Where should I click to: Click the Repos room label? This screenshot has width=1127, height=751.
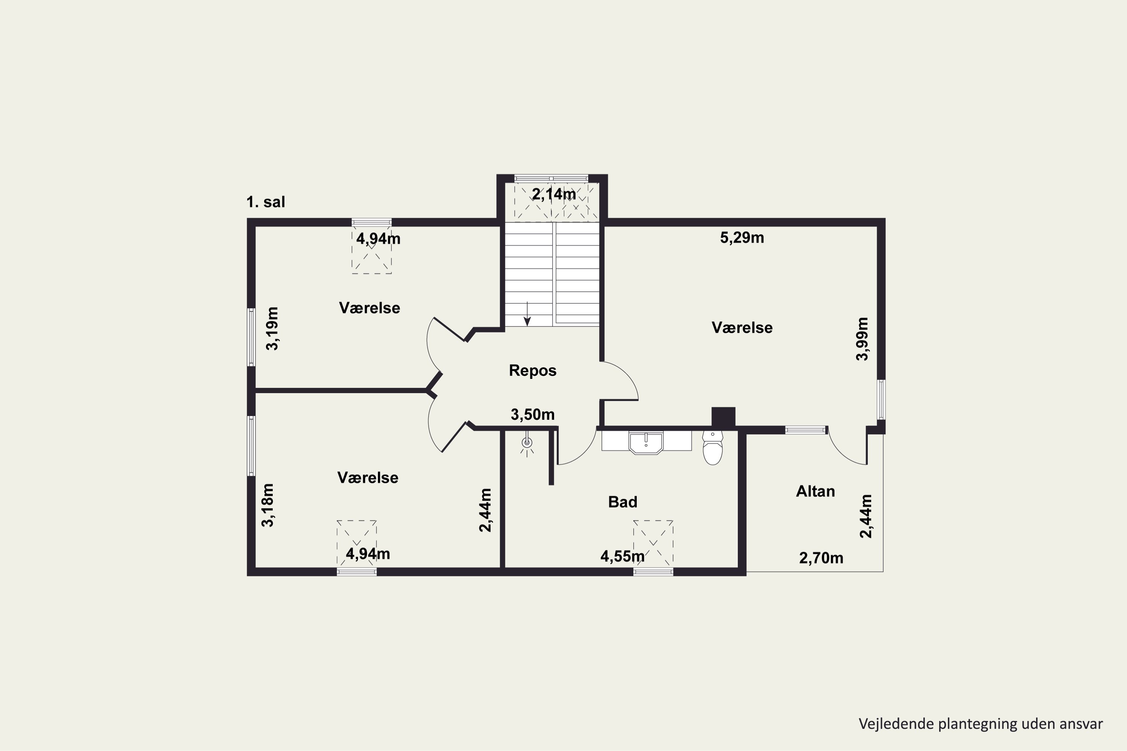(532, 371)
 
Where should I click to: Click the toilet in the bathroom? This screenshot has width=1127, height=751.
(713, 448)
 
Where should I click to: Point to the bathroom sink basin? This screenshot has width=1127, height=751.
(645, 443)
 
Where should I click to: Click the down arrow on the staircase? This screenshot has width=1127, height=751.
(527, 314)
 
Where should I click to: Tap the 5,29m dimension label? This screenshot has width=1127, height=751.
(742, 238)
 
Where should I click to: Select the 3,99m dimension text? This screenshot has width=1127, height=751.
(862, 339)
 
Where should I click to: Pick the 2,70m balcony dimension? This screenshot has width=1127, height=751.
(821, 558)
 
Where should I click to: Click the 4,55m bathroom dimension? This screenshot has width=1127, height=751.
(622, 556)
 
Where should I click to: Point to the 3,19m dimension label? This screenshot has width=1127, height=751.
(272, 329)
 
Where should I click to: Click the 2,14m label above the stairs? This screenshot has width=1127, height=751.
(554, 195)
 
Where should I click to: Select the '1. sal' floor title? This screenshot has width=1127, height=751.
(266, 202)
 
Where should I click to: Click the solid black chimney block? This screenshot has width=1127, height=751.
(723, 417)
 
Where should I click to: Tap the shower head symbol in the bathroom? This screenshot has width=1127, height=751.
(527, 443)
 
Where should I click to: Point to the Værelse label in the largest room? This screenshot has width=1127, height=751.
(742, 327)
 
